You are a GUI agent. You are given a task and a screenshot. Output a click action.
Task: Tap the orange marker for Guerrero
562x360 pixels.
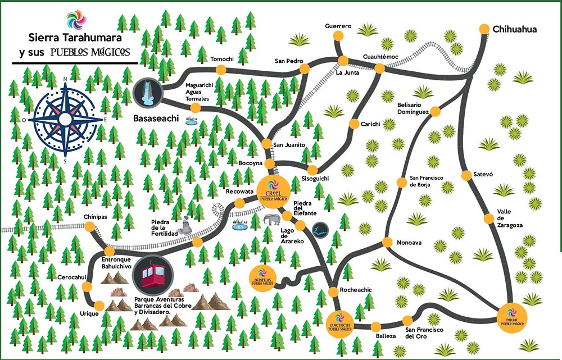338,36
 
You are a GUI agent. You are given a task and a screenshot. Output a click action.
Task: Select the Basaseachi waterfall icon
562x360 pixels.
147,92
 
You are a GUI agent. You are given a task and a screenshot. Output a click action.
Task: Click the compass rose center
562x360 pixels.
66,119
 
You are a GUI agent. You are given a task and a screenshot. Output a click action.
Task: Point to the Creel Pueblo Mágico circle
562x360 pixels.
274,189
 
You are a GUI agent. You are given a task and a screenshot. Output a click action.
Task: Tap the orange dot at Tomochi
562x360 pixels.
221,69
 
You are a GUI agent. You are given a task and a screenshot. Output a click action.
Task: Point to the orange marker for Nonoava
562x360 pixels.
387,242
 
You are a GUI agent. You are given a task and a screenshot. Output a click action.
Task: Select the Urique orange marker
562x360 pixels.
99,306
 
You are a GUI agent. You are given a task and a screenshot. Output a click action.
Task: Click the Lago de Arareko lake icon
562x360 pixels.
320,229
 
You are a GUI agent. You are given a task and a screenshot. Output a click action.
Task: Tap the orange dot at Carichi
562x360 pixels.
355,124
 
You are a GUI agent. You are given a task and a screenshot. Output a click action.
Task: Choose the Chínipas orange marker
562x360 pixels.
89,226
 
